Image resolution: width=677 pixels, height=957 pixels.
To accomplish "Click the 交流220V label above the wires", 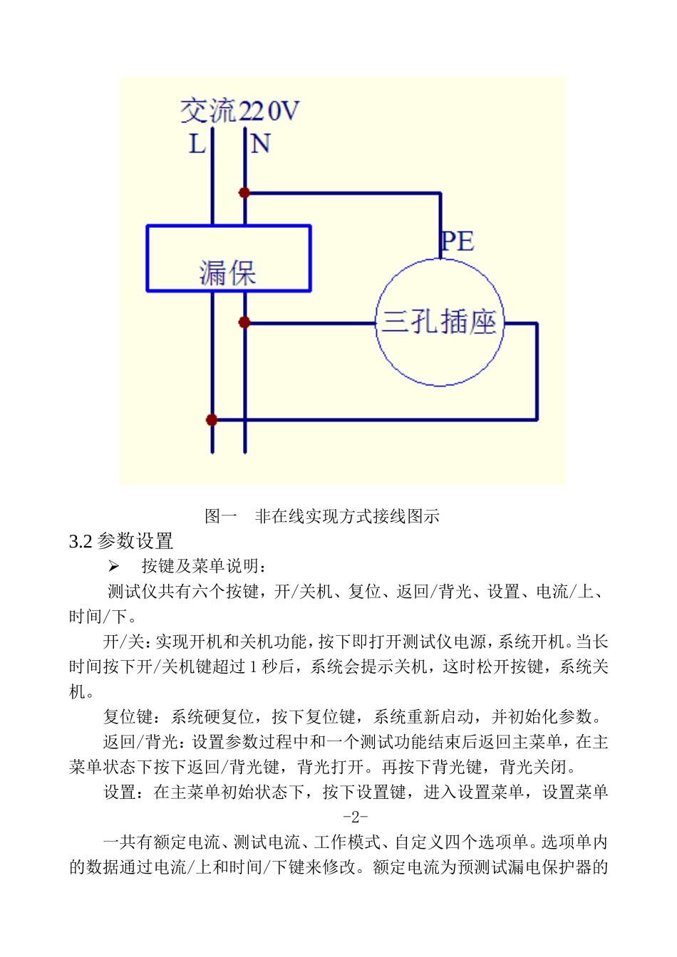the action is point(239,111).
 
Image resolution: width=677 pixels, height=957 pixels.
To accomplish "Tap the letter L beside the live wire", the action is point(197,144).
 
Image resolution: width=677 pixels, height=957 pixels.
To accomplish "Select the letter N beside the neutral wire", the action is point(260,144).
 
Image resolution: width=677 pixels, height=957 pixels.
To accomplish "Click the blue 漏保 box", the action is point(228,258).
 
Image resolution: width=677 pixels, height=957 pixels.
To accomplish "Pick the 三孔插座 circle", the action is point(440,323).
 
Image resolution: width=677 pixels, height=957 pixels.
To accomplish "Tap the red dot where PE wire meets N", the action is point(244,192).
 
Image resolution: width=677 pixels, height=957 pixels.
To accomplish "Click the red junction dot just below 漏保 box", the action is point(244,323).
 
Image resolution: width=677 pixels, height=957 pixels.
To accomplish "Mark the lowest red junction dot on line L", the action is point(212,419).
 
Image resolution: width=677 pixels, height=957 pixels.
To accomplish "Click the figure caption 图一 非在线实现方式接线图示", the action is point(322,516).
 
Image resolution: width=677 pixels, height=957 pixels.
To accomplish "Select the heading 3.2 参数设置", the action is point(121,541).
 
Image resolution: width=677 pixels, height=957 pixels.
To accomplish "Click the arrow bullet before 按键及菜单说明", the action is point(113,566).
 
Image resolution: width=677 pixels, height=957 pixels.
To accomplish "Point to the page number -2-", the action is point(355,817).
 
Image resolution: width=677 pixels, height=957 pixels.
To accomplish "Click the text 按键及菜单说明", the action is point(204,566).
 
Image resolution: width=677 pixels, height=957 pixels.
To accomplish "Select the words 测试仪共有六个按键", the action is point(182,591).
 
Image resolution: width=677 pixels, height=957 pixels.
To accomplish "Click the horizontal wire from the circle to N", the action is point(310,323).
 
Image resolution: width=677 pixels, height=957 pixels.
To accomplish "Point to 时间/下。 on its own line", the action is point(103,616).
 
